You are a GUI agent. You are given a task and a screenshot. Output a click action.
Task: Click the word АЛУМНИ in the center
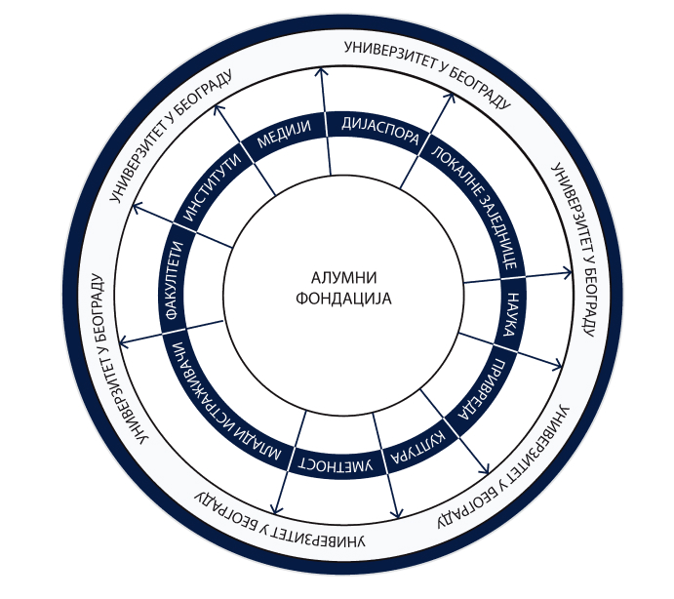pos(341,277)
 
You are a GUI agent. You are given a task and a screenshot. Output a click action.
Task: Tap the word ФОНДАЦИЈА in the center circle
pos(341,299)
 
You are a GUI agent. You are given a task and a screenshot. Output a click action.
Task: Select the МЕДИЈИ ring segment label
pos(283,137)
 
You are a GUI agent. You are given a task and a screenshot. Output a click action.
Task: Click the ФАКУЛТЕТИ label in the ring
pos(171,284)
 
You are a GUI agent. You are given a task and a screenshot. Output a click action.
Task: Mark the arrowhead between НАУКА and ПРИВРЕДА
pos(559,368)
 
